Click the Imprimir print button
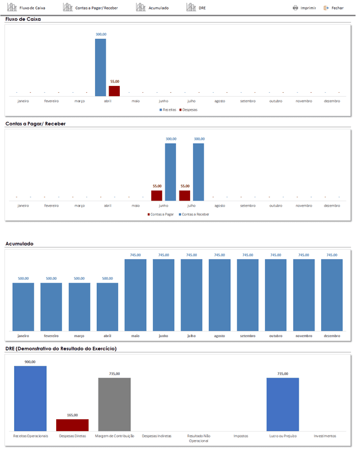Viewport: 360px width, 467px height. point(304,8)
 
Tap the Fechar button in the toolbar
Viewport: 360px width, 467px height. point(334,8)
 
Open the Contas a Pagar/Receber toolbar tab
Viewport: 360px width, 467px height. point(91,7)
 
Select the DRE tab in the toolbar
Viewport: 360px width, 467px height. point(196,7)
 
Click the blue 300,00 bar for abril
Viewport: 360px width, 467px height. point(101,67)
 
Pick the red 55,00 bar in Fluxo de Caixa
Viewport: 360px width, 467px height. point(114,91)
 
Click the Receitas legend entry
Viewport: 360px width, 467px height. point(168,110)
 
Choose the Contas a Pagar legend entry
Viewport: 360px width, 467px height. point(160,214)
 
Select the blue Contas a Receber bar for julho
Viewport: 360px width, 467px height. point(199,172)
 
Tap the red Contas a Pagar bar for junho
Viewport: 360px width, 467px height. point(157,196)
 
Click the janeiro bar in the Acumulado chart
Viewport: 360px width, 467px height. point(23,307)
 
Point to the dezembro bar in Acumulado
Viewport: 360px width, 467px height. point(332,295)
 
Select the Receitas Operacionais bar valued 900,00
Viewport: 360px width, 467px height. point(30,398)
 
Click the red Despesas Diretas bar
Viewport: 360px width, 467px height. point(73,425)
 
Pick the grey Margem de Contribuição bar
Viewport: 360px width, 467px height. point(114,405)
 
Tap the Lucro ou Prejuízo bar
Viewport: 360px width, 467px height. point(283,405)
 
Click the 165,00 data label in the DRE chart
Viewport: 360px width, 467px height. point(73,415)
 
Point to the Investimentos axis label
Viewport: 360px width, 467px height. point(325,436)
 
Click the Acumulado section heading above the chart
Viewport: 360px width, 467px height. point(19,244)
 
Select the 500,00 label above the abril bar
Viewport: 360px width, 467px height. point(107,279)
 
